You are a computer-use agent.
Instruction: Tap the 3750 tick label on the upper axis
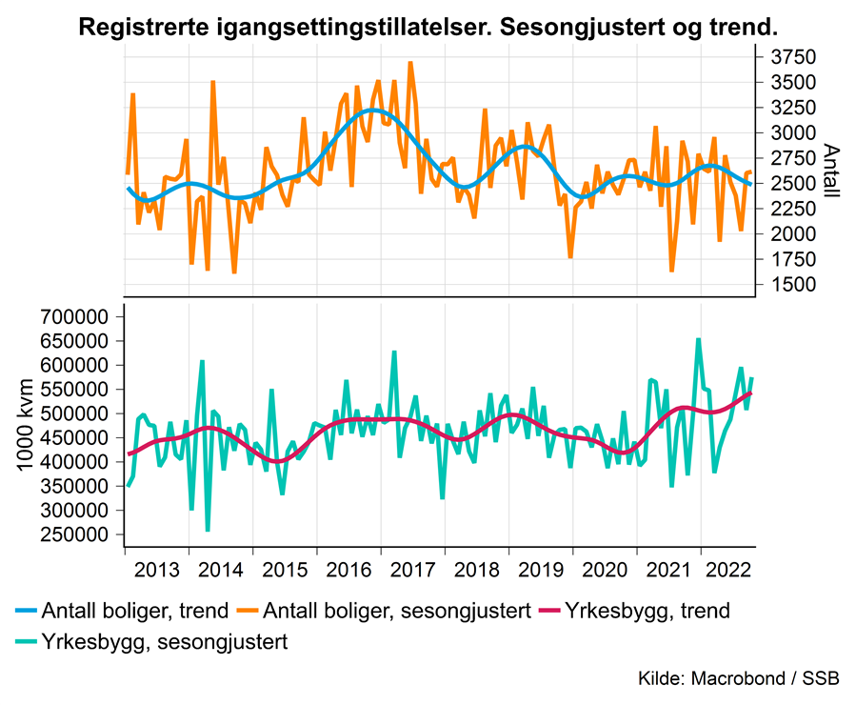792,58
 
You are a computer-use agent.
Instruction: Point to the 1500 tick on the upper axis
792,285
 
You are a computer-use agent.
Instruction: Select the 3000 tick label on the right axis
792,133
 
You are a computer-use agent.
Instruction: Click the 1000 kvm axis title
26,426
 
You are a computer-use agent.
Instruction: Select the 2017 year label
413,572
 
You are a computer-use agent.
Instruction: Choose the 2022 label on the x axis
732,572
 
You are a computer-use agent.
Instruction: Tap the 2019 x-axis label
541,572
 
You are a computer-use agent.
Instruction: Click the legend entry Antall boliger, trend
134,611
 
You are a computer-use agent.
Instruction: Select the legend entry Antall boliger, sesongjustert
397,611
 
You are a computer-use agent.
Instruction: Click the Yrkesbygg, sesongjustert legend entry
164,641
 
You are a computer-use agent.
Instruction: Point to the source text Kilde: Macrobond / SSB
739,678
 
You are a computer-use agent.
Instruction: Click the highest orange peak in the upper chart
410,63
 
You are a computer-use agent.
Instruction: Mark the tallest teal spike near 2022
699,339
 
